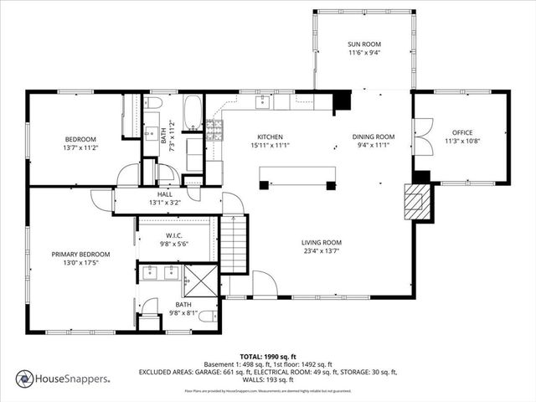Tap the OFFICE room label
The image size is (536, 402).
click(462, 132)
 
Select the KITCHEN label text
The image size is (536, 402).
click(269, 137)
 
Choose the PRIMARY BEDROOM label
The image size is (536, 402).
click(80, 254)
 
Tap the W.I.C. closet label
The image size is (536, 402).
click(174, 235)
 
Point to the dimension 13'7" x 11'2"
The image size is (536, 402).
click(81, 147)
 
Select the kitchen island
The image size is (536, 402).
click(297, 174)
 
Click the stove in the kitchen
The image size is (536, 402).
click(214, 129)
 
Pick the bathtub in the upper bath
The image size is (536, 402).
click(193, 113)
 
